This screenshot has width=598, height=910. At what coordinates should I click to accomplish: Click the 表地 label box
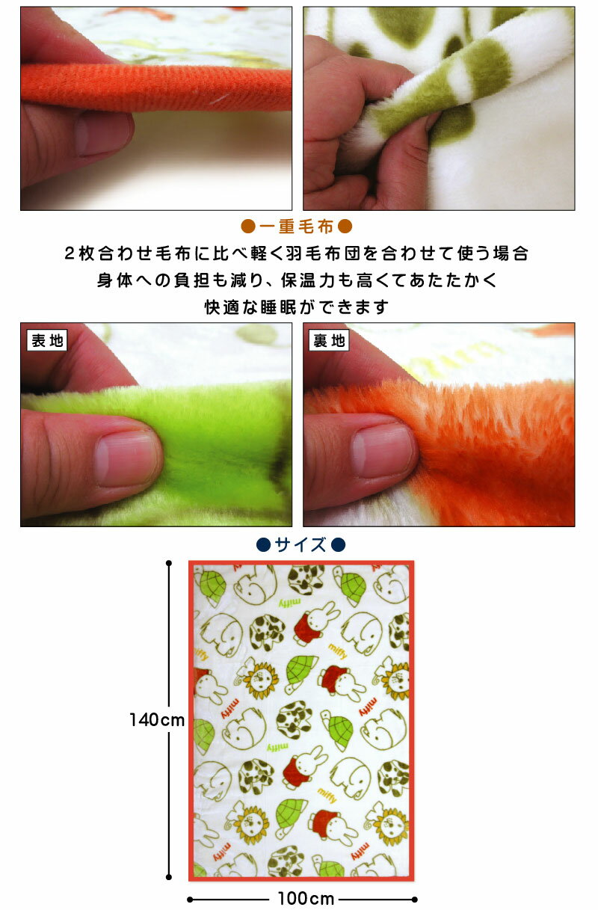[x=46, y=340]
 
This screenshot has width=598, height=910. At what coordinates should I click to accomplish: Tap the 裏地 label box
[x=329, y=340]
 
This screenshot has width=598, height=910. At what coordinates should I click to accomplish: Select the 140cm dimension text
[x=157, y=720]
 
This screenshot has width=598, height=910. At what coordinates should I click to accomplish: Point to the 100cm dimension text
[x=306, y=899]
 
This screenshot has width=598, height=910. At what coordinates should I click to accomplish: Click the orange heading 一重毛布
[x=296, y=227]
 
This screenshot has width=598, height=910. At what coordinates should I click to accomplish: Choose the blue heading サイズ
[x=300, y=545]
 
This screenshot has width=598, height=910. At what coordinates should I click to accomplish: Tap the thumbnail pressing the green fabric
[x=127, y=459]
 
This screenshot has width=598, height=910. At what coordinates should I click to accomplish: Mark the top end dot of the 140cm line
[x=169, y=563]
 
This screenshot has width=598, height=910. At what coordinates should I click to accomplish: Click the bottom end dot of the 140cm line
[x=169, y=877]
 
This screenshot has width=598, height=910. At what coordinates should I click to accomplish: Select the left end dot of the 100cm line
[x=190, y=900]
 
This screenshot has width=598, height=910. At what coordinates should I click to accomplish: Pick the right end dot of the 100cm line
[x=414, y=900]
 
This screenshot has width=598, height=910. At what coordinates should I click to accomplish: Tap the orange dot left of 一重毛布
[x=248, y=227]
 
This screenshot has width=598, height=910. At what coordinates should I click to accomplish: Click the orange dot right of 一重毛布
[x=345, y=227]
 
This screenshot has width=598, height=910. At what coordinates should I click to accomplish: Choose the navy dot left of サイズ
[x=264, y=545]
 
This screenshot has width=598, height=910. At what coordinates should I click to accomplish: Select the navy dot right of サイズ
[x=338, y=545]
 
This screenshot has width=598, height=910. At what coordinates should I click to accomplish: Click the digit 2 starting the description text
[x=70, y=253]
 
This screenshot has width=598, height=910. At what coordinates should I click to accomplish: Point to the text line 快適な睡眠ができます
[x=296, y=307]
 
